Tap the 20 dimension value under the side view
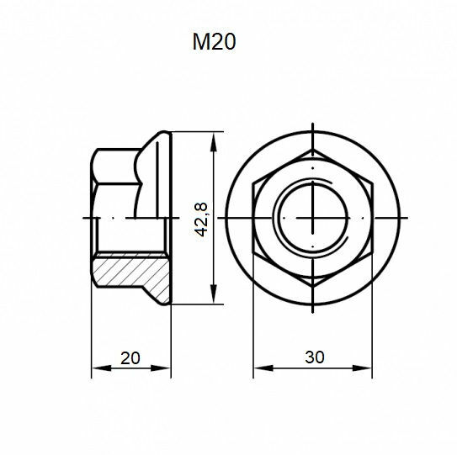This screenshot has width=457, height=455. click(x=130, y=357)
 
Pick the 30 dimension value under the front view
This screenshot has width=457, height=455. click(x=314, y=357)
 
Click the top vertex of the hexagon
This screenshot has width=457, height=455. click(x=313, y=149)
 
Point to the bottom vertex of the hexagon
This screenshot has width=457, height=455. click(x=313, y=287)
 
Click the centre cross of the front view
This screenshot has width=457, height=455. click(x=313, y=218)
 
